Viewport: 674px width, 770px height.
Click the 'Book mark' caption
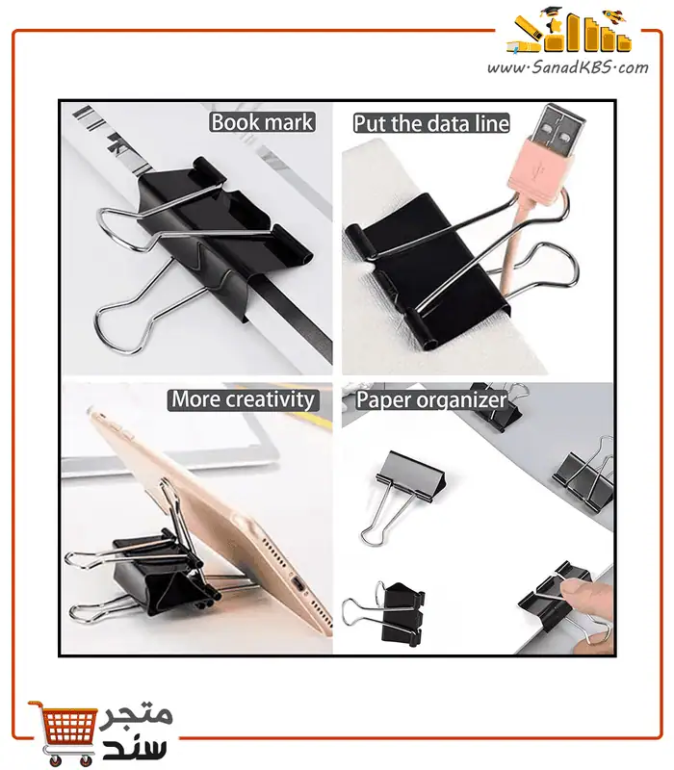point(262,122)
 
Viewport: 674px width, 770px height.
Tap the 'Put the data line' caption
point(431,123)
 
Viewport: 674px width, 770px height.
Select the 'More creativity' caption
point(244,399)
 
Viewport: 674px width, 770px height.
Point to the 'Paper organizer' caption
point(431,399)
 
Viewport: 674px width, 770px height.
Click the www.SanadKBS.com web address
point(567,67)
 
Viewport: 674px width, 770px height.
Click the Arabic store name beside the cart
point(135,731)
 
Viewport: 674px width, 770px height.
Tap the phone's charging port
point(298,586)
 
